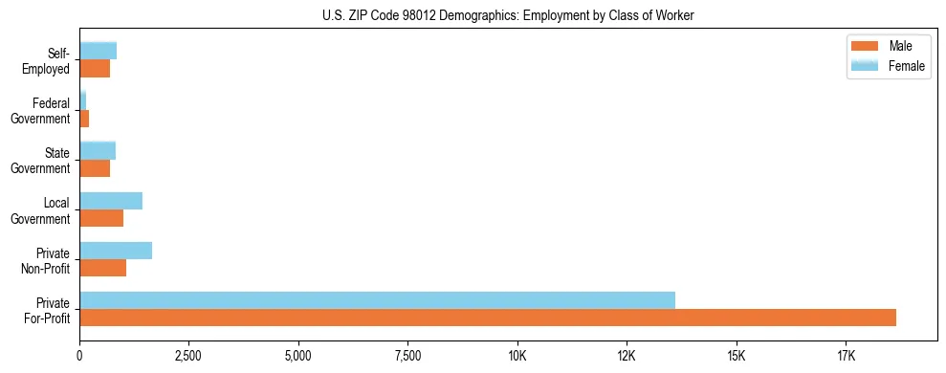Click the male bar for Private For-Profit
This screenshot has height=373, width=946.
point(488,318)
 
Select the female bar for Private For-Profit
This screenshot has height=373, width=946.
point(377,300)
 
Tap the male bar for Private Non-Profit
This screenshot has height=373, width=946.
point(102,268)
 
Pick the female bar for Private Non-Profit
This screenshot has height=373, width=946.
point(116,251)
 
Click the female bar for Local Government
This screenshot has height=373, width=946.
point(111,201)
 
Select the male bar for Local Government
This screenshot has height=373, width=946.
point(101,218)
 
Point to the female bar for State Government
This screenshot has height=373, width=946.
point(98,151)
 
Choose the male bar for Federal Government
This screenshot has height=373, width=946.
point(84,119)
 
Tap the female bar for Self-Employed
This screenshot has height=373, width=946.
point(98,52)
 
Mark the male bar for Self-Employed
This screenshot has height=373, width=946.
point(95,69)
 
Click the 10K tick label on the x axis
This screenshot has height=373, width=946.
point(517,356)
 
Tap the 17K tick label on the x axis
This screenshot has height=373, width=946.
point(845,356)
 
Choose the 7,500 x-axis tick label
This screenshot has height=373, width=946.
point(407,356)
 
